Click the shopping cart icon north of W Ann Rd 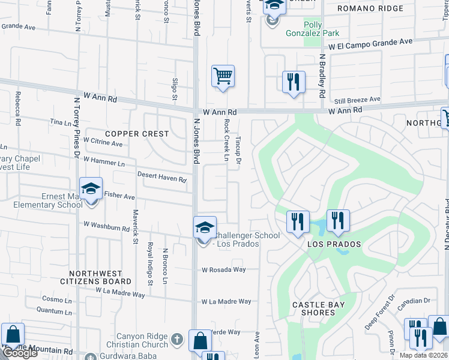(x=223, y=76)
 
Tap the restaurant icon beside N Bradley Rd (x=294, y=82)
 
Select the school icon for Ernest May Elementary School (x=91, y=189)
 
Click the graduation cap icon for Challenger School (x=205, y=228)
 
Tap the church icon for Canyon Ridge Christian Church (x=176, y=340)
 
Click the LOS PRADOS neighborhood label (x=334, y=244)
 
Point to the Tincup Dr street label (x=238, y=151)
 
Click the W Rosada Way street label (x=223, y=269)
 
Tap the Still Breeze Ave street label (x=357, y=100)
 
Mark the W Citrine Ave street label (x=103, y=143)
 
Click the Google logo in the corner (x=19, y=353)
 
